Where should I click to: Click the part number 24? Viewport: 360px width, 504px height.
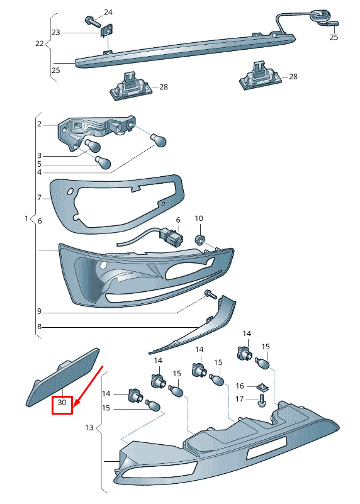[108, 12]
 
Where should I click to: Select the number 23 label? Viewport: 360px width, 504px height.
[55, 32]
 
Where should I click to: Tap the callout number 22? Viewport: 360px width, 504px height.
[40, 43]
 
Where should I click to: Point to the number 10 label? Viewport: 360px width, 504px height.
[199, 218]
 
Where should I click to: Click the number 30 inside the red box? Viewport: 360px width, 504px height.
[62, 402]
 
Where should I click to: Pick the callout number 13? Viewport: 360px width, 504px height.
[89, 427]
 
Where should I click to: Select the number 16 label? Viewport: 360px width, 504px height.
[240, 386]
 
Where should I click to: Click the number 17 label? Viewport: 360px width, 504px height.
[239, 399]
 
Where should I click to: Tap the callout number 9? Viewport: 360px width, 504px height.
[39, 311]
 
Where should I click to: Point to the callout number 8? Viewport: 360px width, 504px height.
[39, 327]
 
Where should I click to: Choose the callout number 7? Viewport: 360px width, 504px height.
[39, 198]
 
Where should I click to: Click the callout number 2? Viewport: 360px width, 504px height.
[39, 124]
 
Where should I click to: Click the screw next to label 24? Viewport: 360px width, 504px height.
[92, 21]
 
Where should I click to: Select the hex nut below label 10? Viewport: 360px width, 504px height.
[199, 240]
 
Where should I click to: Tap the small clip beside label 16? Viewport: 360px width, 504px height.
[262, 388]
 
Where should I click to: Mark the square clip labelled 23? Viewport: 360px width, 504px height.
[107, 31]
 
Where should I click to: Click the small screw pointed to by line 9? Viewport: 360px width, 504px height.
[211, 294]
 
